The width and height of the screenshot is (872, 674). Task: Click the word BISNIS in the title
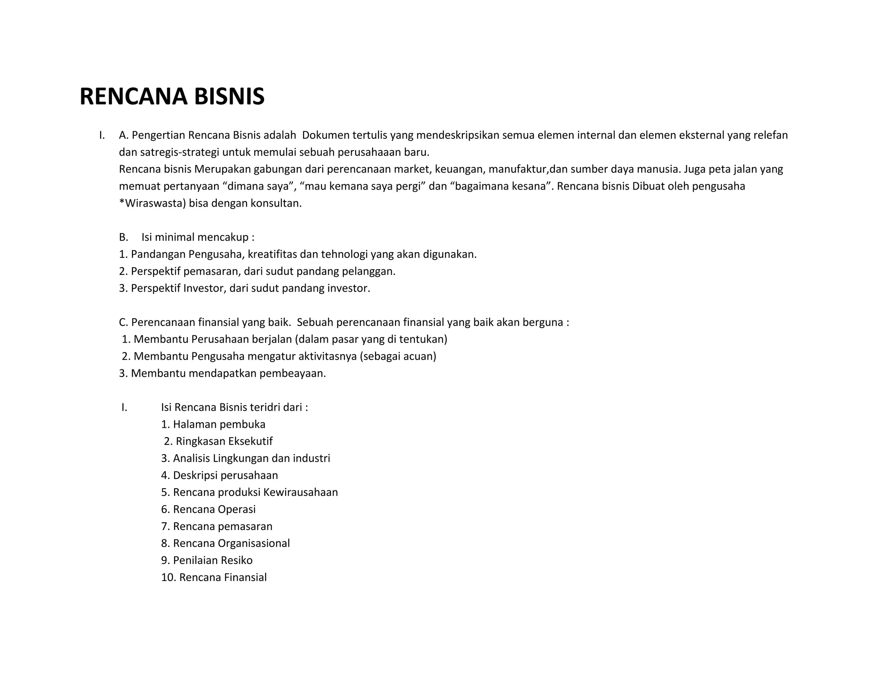click(229, 96)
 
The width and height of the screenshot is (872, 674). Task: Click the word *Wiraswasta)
click(152, 203)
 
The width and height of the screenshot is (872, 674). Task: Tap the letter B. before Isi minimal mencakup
click(123, 237)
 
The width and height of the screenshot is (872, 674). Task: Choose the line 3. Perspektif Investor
click(244, 288)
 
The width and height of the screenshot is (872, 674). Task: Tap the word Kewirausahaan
click(301, 493)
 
